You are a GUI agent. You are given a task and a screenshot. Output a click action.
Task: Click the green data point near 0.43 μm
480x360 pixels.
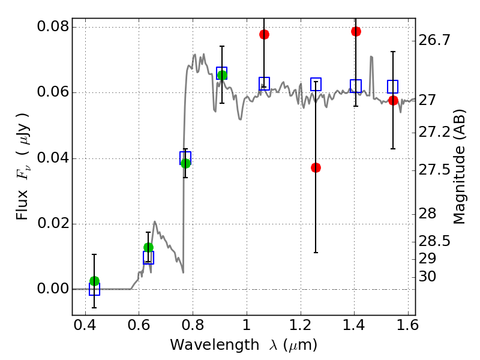(x=94, y=281)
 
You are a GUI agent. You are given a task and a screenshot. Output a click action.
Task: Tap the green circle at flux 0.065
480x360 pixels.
(x=222, y=75)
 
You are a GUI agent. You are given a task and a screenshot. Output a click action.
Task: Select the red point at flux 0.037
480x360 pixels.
(x=316, y=167)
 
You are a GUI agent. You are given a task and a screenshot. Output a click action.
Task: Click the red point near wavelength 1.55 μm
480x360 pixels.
(x=393, y=100)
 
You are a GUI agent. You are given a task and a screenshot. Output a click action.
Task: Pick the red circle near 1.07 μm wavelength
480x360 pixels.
(x=264, y=34)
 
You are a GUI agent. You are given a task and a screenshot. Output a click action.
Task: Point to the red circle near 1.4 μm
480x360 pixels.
(x=356, y=31)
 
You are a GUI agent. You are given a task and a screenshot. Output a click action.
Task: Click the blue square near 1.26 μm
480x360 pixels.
(x=316, y=84)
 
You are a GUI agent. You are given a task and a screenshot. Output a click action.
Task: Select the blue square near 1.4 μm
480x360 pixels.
(x=356, y=86)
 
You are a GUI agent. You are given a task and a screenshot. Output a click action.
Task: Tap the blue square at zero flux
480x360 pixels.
(x=94, y=289)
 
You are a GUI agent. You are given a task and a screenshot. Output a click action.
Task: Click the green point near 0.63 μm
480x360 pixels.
(x=148, y=247)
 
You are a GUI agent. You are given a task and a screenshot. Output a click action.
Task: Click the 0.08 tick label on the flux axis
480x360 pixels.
(x=52, y=27)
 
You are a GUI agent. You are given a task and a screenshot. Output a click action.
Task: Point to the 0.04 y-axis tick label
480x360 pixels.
(x=52, y=158)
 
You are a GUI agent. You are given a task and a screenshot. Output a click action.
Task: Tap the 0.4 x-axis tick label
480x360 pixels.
(x=85, y=329)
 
